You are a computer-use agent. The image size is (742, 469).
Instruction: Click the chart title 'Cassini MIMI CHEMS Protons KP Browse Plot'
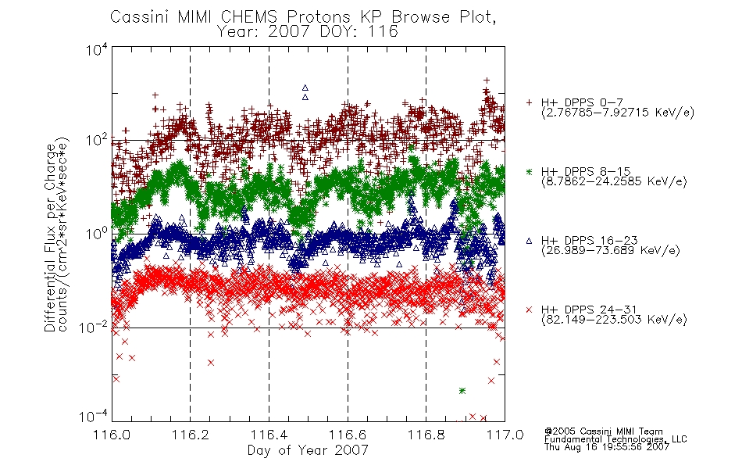click(x=303, y=17)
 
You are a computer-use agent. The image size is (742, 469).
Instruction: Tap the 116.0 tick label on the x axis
click(x=112, y=435)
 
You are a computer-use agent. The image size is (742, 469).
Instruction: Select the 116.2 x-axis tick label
click(x=191, y=435)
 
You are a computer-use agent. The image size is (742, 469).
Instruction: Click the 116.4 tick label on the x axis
click(x=269, y=435)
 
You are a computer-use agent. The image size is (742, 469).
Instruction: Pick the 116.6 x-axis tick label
click(x=348, y=435)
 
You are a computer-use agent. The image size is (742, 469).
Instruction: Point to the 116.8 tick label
click(x=426, y=435)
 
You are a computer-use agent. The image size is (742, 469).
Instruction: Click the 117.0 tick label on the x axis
click(x=505, y=435)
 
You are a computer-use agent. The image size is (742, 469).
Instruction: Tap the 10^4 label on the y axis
click(x=97, y=48)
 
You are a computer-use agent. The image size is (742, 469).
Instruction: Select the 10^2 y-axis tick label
click(x=97, y=140)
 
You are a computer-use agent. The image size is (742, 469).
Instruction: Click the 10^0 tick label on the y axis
click(x=97, y=234)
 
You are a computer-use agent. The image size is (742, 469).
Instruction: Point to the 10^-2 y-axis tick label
click(x=94, y=327)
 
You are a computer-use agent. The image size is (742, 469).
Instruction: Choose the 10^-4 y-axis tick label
click(x=94, y=417)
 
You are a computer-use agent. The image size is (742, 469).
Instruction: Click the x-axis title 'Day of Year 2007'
click(x=308, y=450)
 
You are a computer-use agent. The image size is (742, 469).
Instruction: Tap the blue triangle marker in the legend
click(x=529, y=241)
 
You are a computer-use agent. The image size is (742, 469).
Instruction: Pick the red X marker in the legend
click(x=529, y=310)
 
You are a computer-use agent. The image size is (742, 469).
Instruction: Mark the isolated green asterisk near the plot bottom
click(x=462, y=391)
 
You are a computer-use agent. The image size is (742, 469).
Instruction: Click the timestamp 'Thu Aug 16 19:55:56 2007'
click(x=607, y=447)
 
